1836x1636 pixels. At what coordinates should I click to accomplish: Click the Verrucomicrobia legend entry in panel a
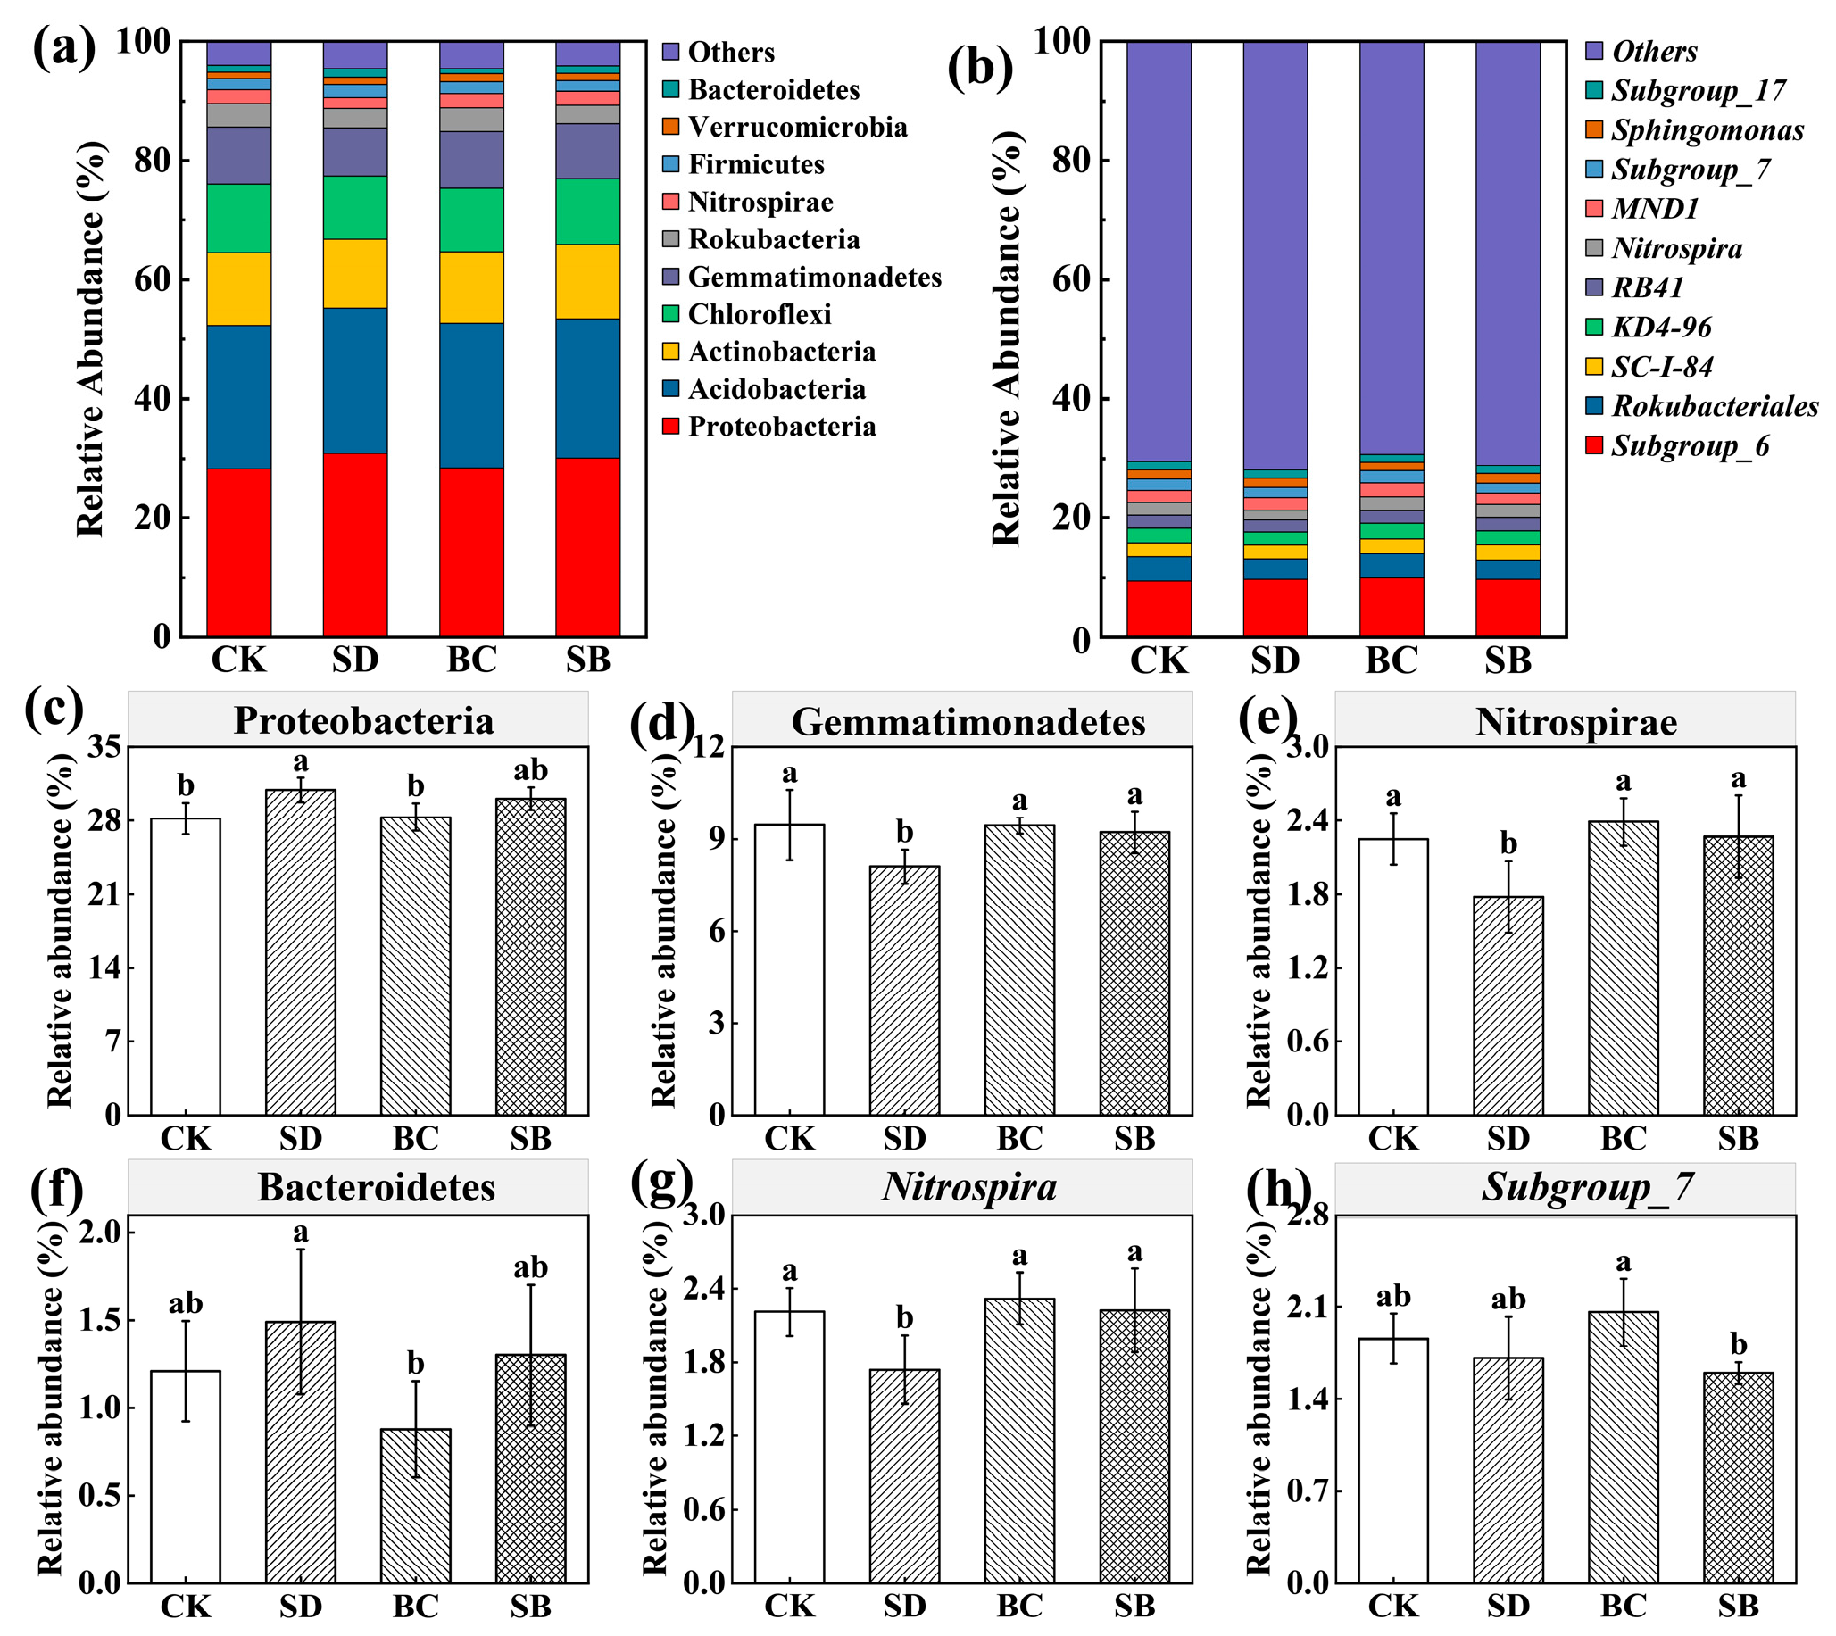tap(797, 128)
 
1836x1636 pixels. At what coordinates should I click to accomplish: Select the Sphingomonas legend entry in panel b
tap(1706, 130)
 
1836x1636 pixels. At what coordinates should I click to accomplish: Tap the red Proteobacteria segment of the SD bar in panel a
tap(355, 544)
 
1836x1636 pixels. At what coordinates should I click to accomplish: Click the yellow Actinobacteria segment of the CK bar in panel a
tap(238, 288)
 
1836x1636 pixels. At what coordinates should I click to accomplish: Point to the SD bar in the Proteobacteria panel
tap(300, 952)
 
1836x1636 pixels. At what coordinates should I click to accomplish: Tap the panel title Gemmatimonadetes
tap(968, 722)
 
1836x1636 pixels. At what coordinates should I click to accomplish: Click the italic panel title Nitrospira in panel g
tap(968, 1187)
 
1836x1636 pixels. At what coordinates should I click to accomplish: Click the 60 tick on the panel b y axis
tap(1070, 279)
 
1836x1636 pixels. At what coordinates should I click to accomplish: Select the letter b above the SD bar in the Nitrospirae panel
tap(1508, 843)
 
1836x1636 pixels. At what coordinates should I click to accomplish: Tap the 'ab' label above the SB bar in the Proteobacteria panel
tap(530, 770)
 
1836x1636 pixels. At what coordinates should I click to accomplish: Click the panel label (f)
tap(55, 1188)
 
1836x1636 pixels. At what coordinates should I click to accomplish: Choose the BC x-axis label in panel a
tap(471, 660)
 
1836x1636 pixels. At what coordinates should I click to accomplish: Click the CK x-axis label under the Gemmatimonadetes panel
tap(789, 1139)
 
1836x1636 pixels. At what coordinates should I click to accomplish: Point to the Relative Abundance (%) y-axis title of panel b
tap(1007, 338)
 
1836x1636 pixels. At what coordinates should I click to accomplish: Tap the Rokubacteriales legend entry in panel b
tap(1713, 407)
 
